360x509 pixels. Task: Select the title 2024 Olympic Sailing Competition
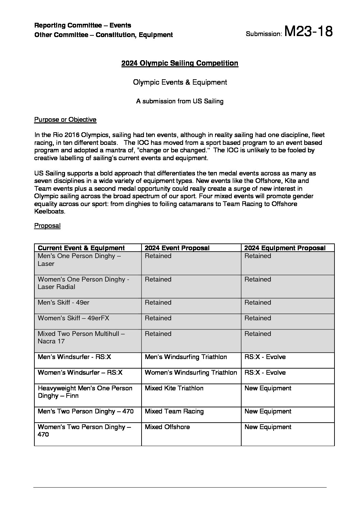[180, 63]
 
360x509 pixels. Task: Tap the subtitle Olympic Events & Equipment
[180, 82]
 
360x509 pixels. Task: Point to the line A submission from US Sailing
[180, 101]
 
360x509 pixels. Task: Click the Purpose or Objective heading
[65, 120]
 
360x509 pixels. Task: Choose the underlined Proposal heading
[47, 226]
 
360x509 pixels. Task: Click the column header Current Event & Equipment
[81, 248]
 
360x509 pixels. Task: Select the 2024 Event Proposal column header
[177, 248]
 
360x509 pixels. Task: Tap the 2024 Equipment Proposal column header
[285, 248]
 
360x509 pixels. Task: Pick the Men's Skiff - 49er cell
[64, 303]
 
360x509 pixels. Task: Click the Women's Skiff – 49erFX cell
[73, 318]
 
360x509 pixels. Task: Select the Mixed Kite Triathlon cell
[174, 388]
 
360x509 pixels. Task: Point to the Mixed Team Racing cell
[174, 411]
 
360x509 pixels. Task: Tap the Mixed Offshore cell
[167, 427]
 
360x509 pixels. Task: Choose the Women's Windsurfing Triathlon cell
[191, 373]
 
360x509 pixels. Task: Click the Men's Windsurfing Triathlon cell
[186, 357]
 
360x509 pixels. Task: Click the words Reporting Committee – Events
[83, 26]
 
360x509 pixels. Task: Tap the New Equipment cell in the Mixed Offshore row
[268, 427]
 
